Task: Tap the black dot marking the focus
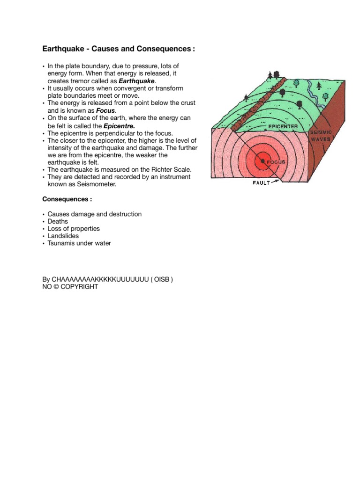[263, 161]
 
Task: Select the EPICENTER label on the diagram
[283, 126]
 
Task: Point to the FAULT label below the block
[262, 183]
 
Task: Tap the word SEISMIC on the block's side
[322, 133]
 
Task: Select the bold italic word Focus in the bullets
[105, 110]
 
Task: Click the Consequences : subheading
[67, 199]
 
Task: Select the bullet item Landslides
[63, 236]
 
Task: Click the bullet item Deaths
[58, 221]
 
